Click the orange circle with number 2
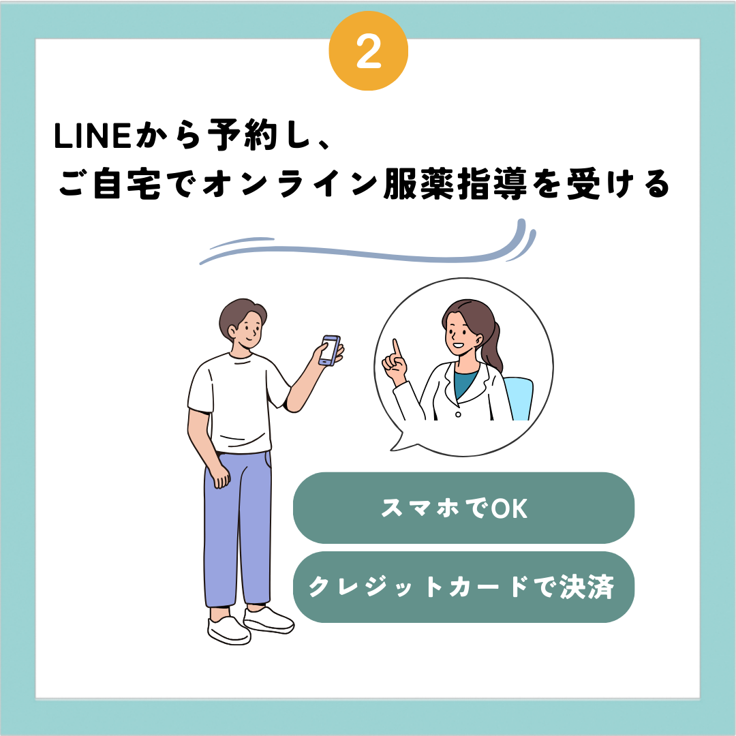click(369, 50)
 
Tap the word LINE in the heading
click(93, 136)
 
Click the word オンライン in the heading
click(290, 183)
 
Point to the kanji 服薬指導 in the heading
click(455, 183)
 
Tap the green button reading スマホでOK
click(463, 508)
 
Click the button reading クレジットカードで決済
click(463, 587)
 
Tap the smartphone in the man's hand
click(330, 350)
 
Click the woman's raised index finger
click(397, 348)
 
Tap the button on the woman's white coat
click(458, 414)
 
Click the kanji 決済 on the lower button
click(587, 587)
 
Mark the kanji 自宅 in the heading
click(127, 183)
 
